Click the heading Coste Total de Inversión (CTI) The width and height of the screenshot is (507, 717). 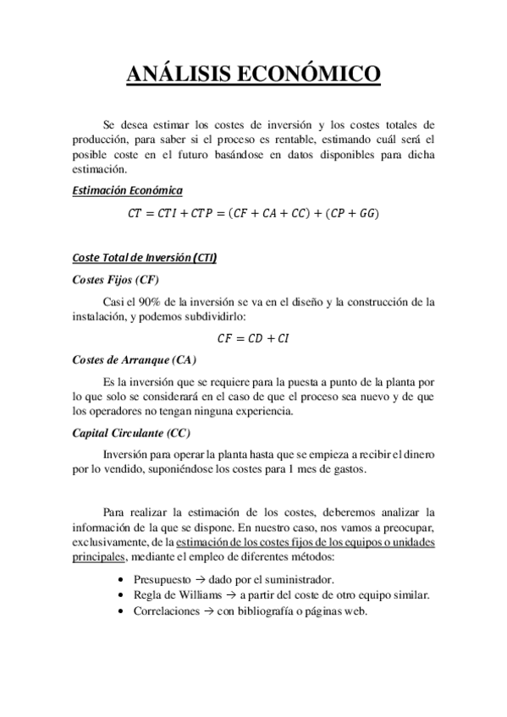click(x=144, y=258)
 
